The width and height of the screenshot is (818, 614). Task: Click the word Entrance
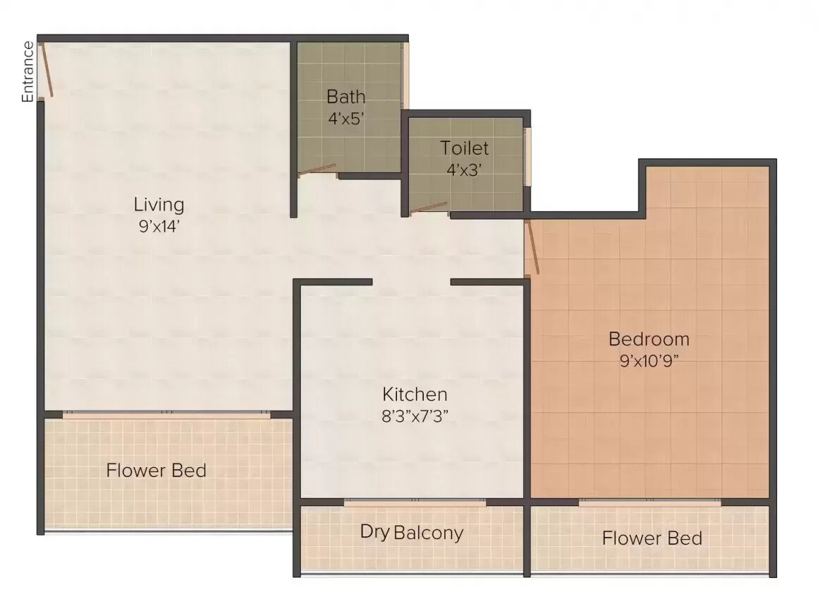[x=28, y=72]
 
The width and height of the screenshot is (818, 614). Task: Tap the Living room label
[x=159, y=205]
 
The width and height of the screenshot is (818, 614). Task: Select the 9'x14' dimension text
[x=159, y=227]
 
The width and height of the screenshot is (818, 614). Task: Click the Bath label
[x=346, y=96]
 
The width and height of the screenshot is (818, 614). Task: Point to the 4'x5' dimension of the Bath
[x=346, y=118]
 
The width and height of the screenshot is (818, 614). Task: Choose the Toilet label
[x=464, y=148]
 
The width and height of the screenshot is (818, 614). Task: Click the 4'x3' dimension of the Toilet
[x=464, y=170]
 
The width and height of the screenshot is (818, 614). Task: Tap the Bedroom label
[x=649, y=339]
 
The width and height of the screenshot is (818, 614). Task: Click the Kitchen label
[x=415, y=394]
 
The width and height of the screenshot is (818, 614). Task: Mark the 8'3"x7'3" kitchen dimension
[x=415, y=416]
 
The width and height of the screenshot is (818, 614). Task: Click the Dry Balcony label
[x=412, y=532]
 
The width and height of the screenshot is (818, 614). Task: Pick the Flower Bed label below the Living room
[x=157, y=470]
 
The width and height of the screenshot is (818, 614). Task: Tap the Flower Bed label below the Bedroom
[x=652, y=539]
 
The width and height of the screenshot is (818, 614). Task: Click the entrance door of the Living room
[x=46, y=71]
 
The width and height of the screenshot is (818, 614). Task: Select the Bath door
[x=317, y=169]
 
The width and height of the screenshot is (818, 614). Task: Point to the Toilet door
[x=429, y=207]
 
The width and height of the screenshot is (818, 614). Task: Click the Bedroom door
[x=532, y=247]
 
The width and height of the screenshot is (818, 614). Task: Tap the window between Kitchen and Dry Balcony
[x=415, y=502]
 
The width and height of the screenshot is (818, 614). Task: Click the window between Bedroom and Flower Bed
[x=649, y=502]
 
